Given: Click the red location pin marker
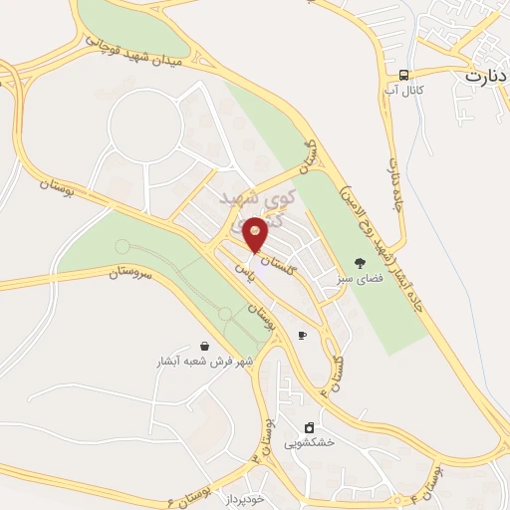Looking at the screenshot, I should click(x=256, y=234).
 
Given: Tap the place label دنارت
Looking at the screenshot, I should click(x=486, y=75).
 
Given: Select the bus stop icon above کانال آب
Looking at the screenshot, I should click(x=404, y=76).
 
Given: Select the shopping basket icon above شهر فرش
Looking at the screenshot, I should click(x=204, y=345).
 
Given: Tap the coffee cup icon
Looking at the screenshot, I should click(x=302, y=336).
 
